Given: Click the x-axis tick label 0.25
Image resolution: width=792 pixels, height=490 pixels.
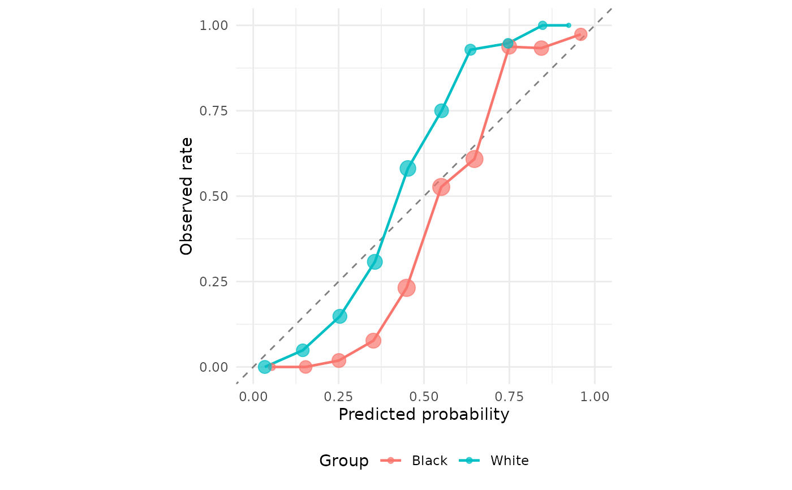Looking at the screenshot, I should pyautogui.click(x=338, y=396).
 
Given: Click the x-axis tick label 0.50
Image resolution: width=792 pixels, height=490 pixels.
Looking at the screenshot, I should pyautogui.click(x=424, y=396).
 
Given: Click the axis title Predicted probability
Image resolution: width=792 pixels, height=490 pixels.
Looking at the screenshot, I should pyautogui.click(x=424, y=415).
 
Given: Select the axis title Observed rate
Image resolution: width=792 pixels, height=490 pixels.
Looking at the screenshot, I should pyautogui.click(x=187, y=196).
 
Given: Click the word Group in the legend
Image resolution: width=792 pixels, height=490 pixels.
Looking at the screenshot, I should pyautogui.click(x=343, y=461).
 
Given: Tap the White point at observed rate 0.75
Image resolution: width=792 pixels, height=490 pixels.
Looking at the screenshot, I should pyautogui.click(x=441, y=111).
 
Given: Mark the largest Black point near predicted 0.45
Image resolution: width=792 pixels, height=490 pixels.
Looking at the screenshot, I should pyautogui.click(x=406, y=287).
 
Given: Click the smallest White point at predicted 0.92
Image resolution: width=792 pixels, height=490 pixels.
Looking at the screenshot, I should pyautogui.click(x=569, y=25).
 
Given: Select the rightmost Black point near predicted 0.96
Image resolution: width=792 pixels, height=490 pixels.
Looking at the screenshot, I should pyautogui.click(x=580, y=35).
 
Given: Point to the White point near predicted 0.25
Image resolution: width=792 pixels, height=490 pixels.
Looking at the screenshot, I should pyautogui.click(x=339, y=316).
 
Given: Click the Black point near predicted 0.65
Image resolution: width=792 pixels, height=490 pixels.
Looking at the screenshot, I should pyautogui.click(x=475, y=159).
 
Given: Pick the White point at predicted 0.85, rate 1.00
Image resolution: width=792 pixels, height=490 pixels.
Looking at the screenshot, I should pyautogui.click(x=543, y=25).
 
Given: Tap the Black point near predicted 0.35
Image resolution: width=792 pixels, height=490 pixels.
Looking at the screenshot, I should pyautogui.click(x=373, y=341).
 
